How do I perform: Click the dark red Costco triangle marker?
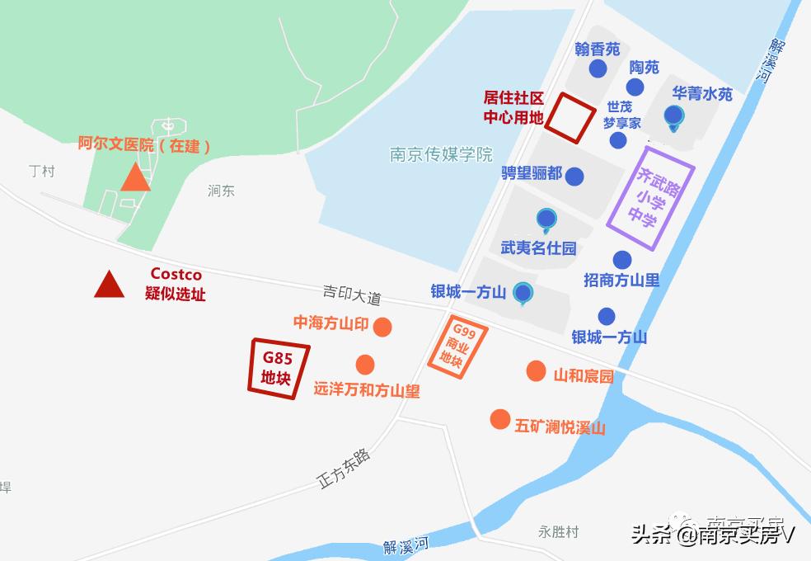tap(109, 285)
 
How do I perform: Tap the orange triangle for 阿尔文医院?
tap(135, 178)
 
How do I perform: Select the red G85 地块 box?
tap(278, 369)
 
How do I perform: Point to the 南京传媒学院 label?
tap(441, 154)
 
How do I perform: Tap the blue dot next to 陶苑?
tap(635, 87)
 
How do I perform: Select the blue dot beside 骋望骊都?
tap(574, 176)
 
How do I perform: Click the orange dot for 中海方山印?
tap(382, 328)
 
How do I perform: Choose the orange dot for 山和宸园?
tap(536, 371)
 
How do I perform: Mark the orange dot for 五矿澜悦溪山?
tap(499, 419)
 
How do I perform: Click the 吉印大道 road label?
tap(352, 295)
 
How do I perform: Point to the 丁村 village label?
tap(41, 171)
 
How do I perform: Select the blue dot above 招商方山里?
tap(622, 260)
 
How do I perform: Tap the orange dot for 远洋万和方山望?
tap(365, 364)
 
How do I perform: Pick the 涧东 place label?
tap(221, 191)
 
